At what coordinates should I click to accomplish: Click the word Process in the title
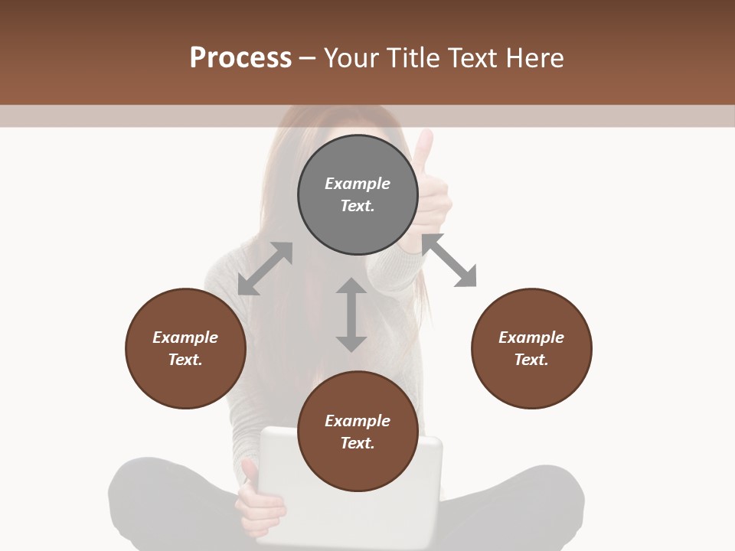tap(240, 58)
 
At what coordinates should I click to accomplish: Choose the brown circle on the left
tap(185, 383)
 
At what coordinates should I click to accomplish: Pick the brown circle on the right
tap(531, 383)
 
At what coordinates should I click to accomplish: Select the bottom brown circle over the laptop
tap(358, 467)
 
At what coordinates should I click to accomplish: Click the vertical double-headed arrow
tap(351, 315)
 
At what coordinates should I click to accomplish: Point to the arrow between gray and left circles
tap(265, 269)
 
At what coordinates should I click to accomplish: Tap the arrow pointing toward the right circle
tap(449, 261)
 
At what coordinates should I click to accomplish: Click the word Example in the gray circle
tap(358, 184)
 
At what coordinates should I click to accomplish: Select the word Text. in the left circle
tap(185, 360)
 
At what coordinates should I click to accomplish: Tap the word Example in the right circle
tap(531, 337)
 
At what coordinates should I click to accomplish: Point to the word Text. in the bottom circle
tap(358, 443)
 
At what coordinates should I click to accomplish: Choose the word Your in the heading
tap(351, 58)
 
